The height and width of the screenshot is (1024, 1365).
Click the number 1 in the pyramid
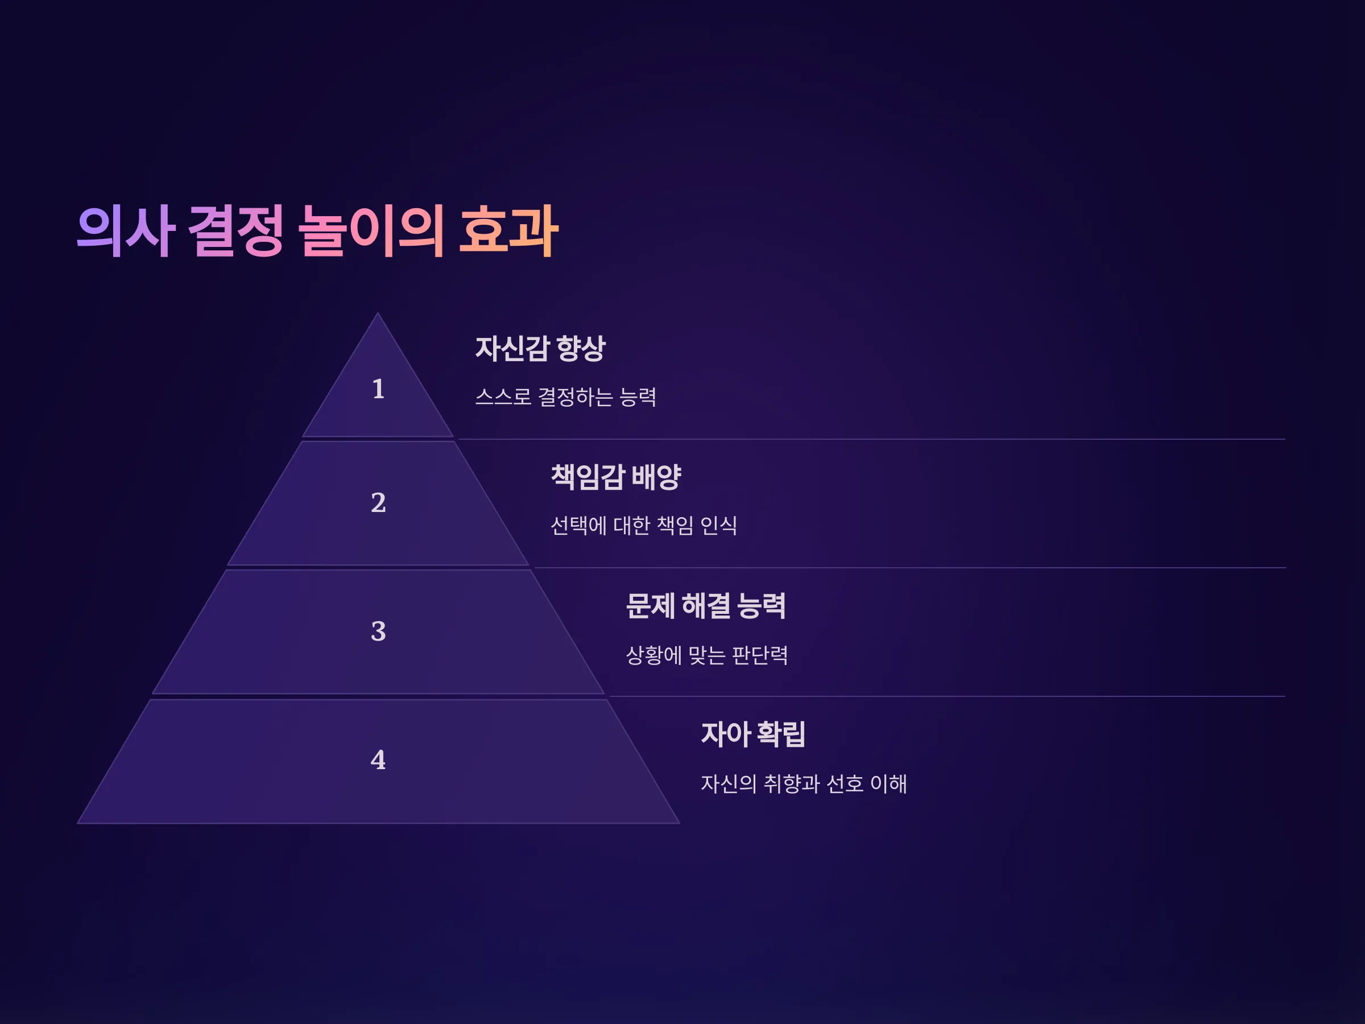click(378, 389)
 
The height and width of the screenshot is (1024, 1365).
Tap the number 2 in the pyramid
click(378, 502)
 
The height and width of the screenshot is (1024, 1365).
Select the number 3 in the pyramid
click(378, 631)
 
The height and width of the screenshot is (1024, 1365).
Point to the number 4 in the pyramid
click(378, 760)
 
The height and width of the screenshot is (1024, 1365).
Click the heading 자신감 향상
click(540, 349)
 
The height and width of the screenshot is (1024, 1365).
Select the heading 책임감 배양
click(616, 477)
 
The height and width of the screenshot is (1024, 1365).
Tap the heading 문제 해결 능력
click(706, 605)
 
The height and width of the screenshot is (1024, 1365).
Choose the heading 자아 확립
click(754, 734)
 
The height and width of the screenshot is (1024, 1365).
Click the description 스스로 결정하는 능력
click(566, 397)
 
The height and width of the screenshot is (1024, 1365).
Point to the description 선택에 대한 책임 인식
click(644, 526)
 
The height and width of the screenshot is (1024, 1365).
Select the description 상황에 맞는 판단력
click(707, 655)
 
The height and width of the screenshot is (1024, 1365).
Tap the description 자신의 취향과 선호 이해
click(804, 784)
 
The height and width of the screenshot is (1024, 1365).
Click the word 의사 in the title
click(126, 231)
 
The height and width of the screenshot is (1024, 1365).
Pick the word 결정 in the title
click(235, 231)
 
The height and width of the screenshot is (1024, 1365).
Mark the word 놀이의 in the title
click(371, 231)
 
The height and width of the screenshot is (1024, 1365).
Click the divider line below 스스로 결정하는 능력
click(871, 440)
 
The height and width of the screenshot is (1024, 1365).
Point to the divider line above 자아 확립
click(947, 697)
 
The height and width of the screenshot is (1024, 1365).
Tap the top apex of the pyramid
click(378, 313)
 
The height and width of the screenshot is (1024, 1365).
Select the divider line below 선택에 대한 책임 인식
click(909, 568)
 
